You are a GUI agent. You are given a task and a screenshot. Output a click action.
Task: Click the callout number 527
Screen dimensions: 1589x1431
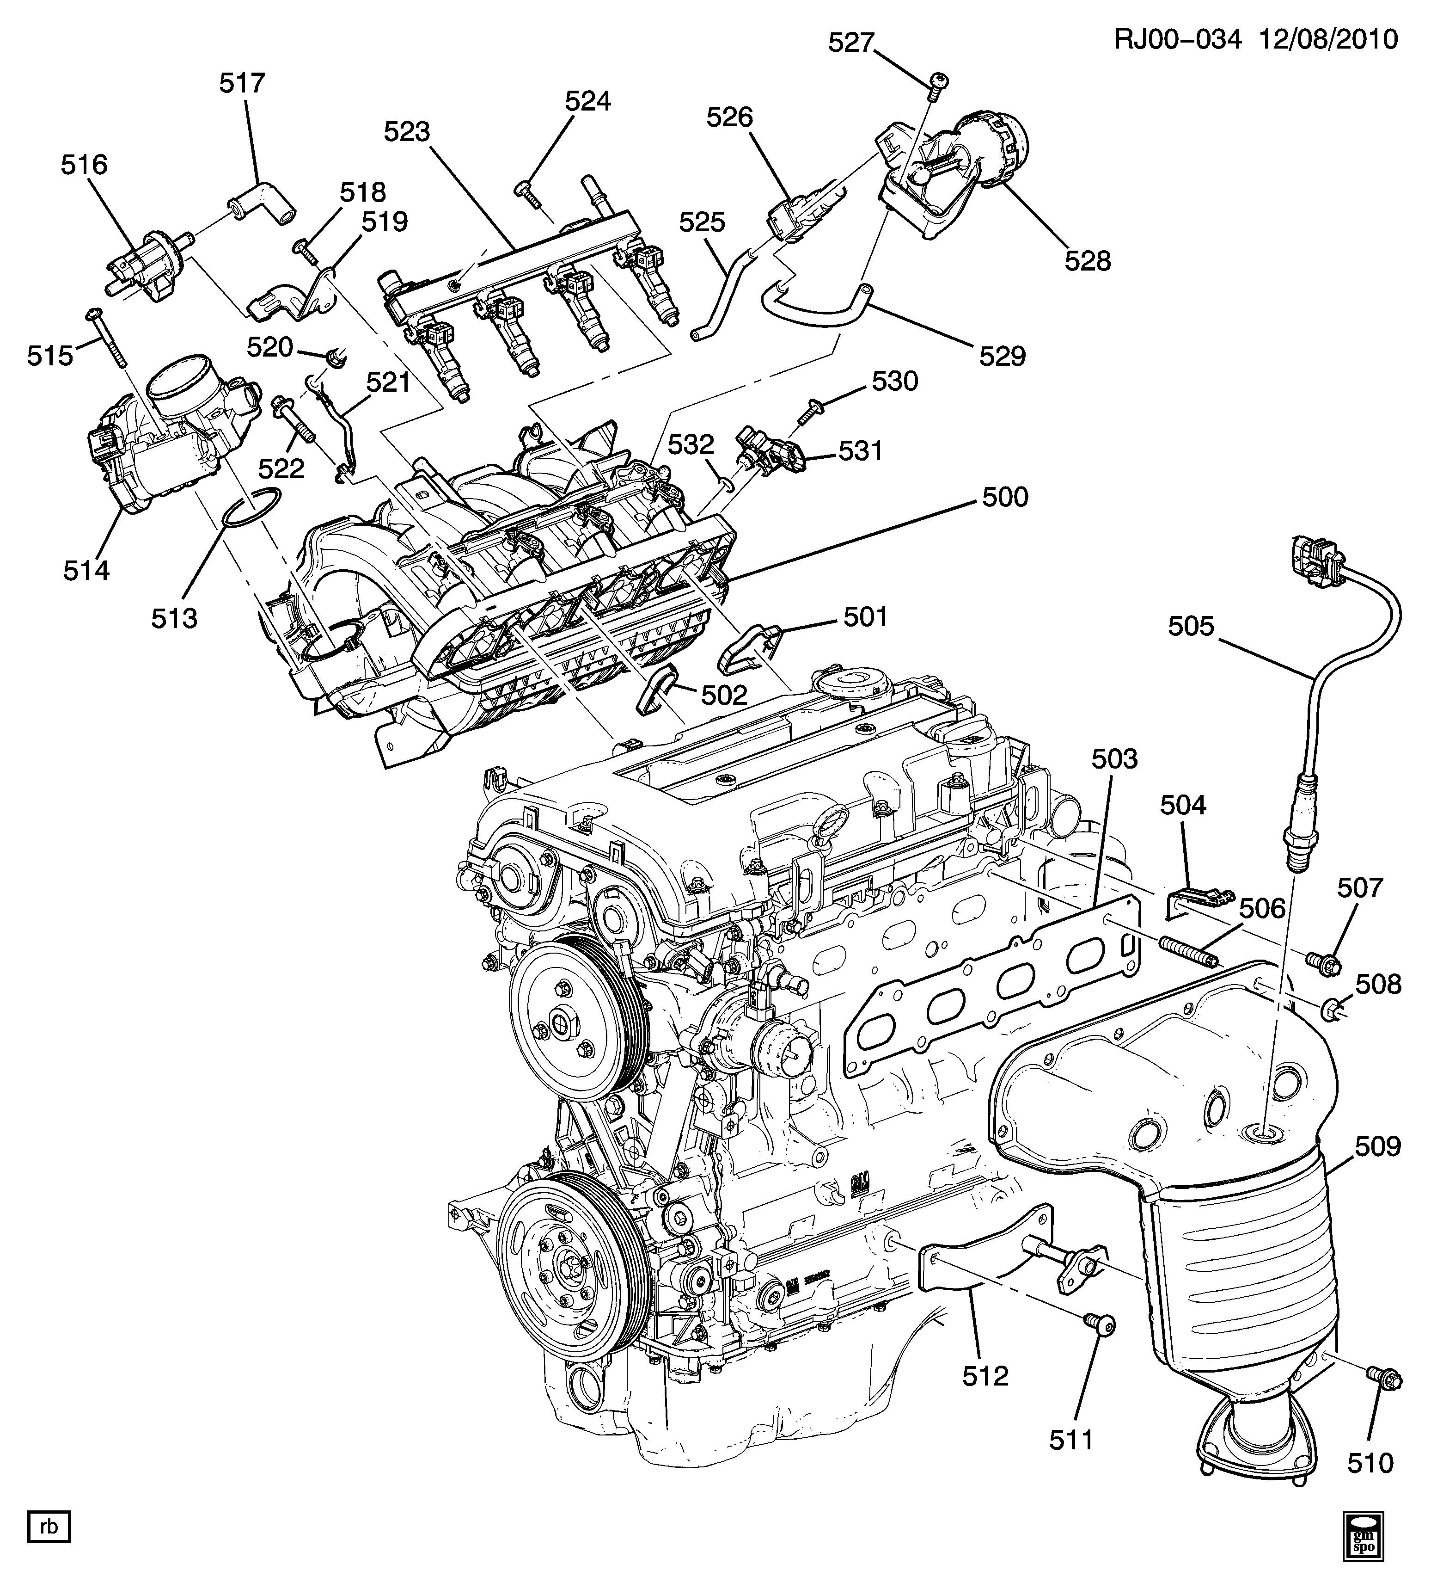point(851,43)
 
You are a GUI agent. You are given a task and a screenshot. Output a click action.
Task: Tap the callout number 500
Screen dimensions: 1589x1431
point(1005,497)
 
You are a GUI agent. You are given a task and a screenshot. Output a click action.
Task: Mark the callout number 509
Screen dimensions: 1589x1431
point(1377,1147)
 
